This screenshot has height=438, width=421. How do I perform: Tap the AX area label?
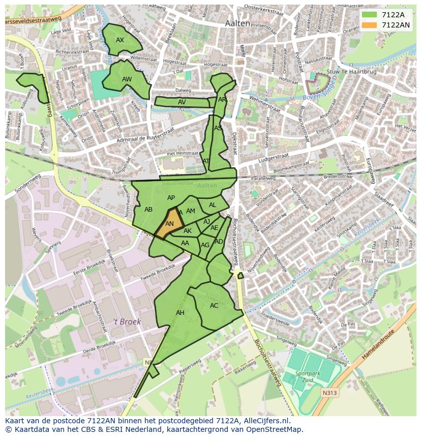point(120,40)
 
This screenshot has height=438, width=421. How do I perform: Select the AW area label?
point(127,79)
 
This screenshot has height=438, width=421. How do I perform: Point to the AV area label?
point(182,102)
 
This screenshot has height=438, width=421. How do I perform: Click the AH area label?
point(180,313)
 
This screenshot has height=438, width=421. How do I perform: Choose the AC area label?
point(214,306)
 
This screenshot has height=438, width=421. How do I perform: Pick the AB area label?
point(148,210)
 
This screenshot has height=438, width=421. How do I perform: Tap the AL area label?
point(213,205)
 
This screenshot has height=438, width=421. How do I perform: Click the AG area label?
point(205,245)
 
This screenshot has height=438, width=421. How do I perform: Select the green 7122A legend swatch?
point(369,15)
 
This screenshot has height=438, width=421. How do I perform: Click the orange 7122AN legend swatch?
point(369,25)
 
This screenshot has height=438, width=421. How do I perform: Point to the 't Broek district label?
point(127,322)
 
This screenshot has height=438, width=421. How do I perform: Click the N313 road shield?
point(329,393)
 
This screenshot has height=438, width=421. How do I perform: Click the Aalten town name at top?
point(237,23)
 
